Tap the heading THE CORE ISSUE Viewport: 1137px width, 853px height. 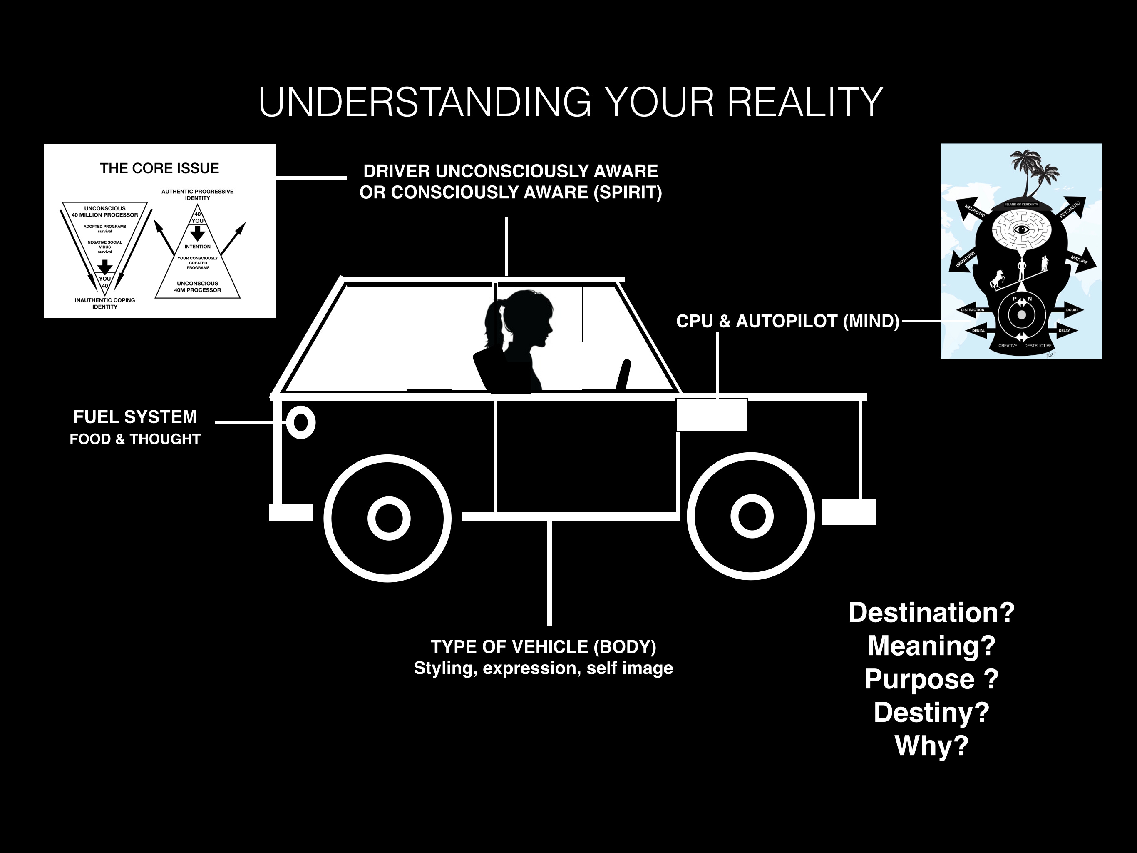[159, 168]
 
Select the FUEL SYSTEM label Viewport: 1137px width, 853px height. [135, 417]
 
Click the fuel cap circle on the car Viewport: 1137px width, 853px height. [301, 422]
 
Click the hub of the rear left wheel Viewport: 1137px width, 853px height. [389, 518]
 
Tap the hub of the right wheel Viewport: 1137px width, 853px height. [752, 516]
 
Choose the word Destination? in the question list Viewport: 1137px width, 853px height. [931, 613]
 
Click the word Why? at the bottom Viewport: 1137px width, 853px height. [931, 746]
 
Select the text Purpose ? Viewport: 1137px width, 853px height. [931, 679]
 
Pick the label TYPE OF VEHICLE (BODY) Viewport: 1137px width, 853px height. [543, 647]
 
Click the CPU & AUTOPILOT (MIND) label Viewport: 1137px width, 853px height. [787, 321]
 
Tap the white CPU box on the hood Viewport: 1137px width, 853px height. [711, 415]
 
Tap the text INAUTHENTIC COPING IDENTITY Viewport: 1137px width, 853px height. [105, 304]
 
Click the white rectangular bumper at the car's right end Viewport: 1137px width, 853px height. [849, 512]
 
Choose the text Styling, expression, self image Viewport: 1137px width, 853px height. [543, 668]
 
